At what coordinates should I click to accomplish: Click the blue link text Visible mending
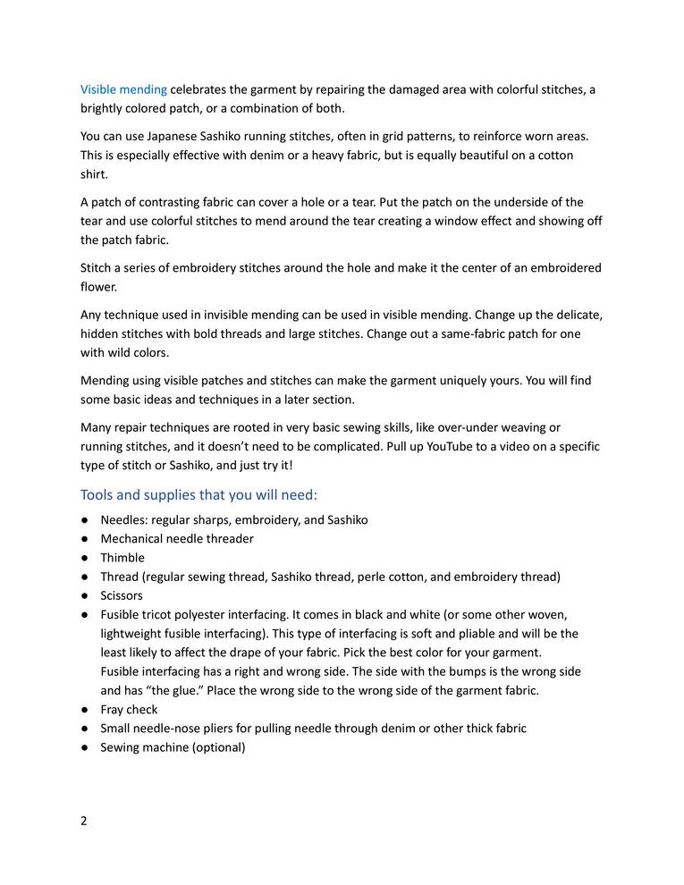point(123,89)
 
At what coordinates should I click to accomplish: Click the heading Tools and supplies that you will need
point(198,494)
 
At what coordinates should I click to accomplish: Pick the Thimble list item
point(122,558)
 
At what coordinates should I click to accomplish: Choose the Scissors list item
point(122,595)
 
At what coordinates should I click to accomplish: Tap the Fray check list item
point(129,709)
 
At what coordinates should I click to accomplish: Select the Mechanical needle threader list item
point(177,539)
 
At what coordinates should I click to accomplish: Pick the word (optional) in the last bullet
point(218,747)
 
